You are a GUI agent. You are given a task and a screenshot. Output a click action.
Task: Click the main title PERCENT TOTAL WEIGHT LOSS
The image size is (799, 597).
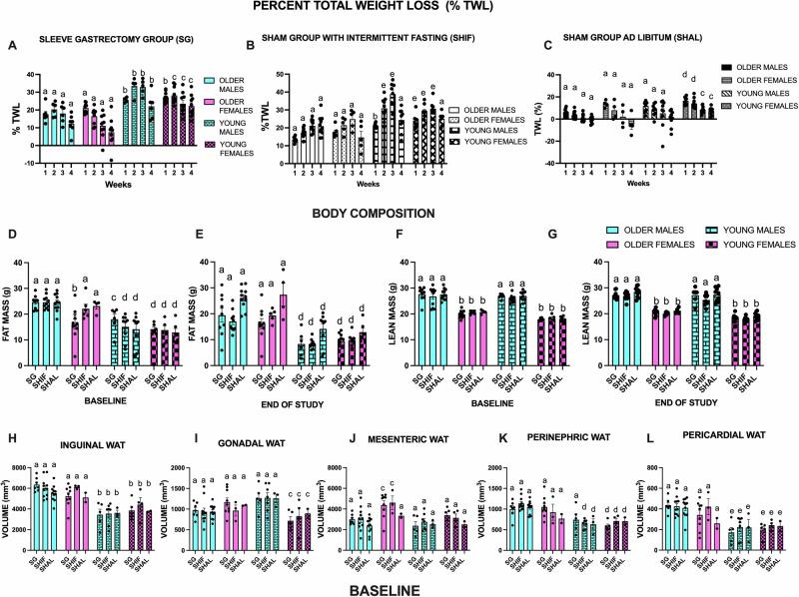[399, 8]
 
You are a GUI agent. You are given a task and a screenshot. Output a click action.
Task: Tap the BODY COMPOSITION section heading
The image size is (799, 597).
[399, 213]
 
